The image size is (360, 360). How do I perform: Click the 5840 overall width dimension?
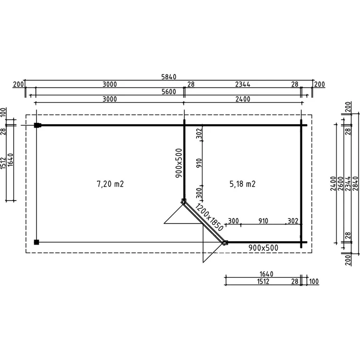(169, 77)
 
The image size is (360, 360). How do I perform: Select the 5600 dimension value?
(169, 91)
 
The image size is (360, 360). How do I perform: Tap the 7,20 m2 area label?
(110, 184)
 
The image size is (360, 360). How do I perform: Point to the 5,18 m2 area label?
(243, 184)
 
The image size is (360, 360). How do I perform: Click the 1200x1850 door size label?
(209, 217)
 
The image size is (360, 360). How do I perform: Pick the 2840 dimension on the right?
(355, 183)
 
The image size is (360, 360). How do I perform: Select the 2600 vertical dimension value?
(340, 183)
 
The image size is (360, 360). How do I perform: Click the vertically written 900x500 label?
(179, 163)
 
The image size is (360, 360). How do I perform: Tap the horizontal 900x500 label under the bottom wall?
(263, 247)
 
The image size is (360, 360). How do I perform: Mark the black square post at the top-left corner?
(37, 125)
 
